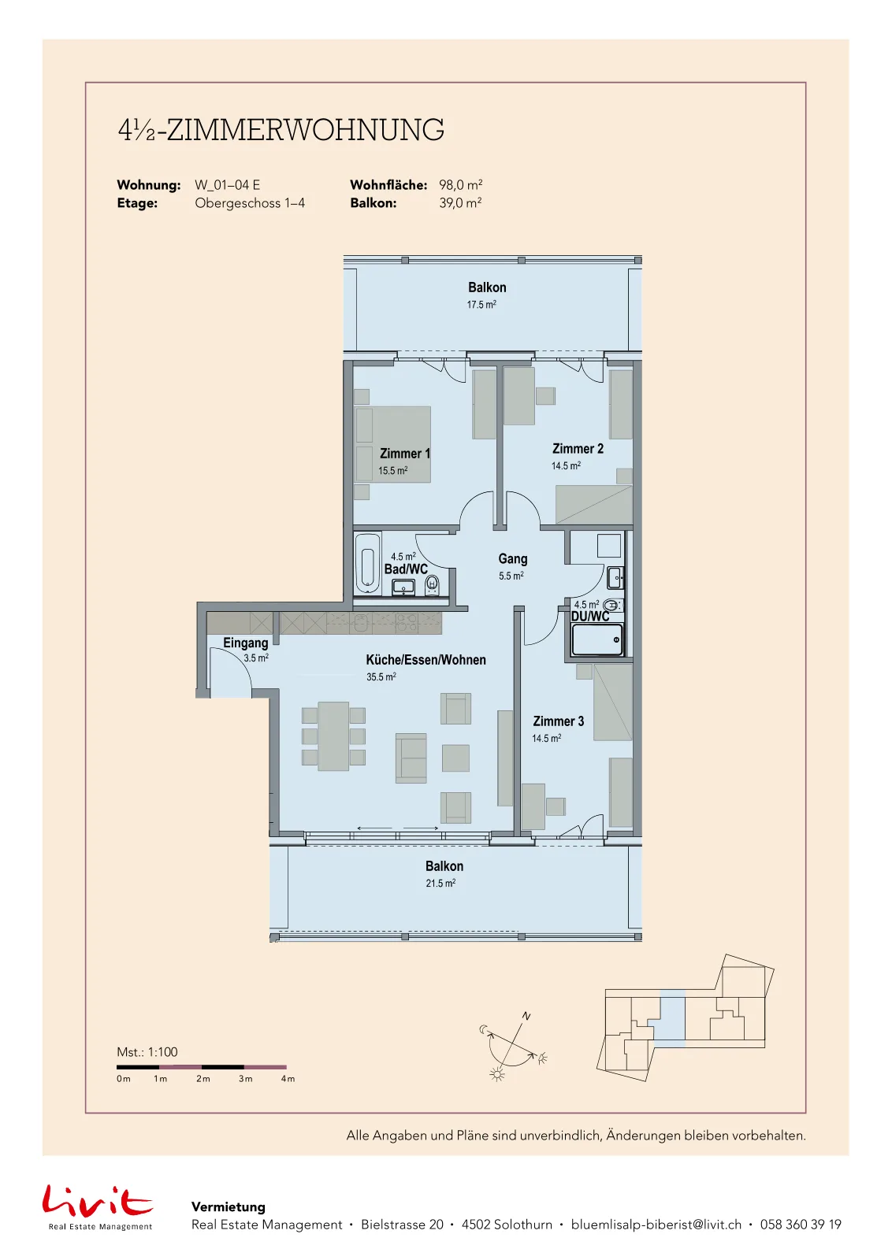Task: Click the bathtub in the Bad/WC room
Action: click(x=367, y=562)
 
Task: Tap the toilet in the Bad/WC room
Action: click(x=433, y=585)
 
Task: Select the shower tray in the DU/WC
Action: click(x=597, y=639)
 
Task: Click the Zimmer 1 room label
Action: click(x=405, y=454)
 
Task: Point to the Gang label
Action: click(x=513, y=558)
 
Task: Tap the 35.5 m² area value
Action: click(x=381, y=676)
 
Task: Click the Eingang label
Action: click(x=245, y=643)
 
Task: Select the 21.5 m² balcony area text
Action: click(x=440, y=883)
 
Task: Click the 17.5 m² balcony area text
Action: click(x=481, y=305)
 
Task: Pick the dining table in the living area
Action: click(x=333, y=736)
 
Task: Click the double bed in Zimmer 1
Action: click(x=393, y=444)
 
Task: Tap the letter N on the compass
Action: click(x=526, y=1017)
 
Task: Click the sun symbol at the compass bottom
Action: click(x=496, y=1075)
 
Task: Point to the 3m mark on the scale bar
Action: click(x=245, y=1079)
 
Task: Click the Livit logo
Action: click(x=98, y=1201)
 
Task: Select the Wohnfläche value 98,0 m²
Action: click(x=460, y=185)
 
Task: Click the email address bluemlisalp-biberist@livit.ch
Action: click(x=656, y=1225)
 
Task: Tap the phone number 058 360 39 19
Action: click(x=801, y=1225)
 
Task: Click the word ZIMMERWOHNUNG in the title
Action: click(x=306, y=130)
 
